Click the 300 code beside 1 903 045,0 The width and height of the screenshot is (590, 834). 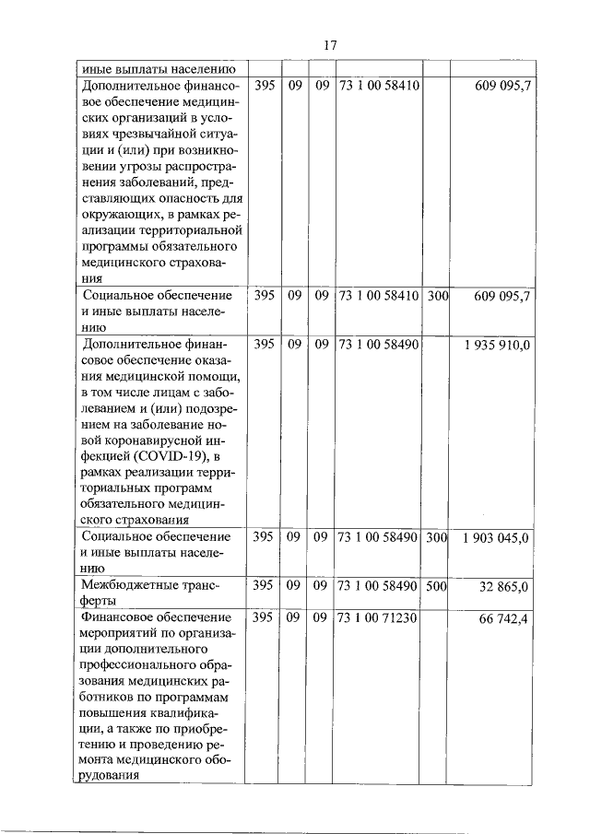pos(438,537)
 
